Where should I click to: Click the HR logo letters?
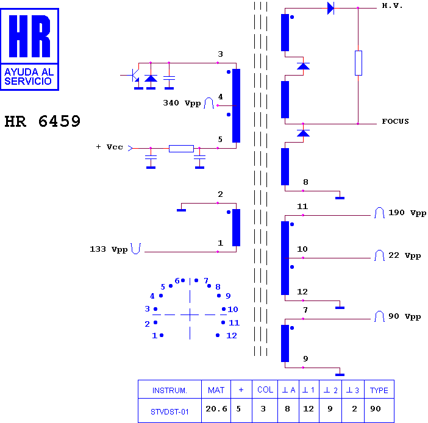tap(29, 36)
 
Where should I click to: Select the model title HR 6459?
tap(43, 121)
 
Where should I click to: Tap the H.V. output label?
tap(392, 5)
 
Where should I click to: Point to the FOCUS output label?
tap(395, 121)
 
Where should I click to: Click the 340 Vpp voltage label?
tap(182, 103)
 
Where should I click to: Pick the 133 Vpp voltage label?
tap(109, 249)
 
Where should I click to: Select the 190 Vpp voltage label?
tap(407, 213)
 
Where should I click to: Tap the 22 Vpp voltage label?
tap(404, 256)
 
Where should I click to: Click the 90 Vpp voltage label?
tap(404, 316)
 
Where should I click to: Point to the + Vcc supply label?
tap(110, 147)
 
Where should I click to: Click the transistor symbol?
tap(134, 76)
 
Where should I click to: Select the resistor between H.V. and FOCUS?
tap(358, 63)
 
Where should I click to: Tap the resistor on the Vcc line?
tap(181, 149)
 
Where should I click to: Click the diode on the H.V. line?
tap(330, 8)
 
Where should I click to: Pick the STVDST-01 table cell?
tap(169, 412)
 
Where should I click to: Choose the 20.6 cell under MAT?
tap(216, 409)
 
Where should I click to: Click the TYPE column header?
tap(379, 391)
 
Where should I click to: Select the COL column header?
tap(265, 389)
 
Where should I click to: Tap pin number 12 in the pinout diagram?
tap(232, 336)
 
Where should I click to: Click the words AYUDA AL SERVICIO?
tap(29, 77)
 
